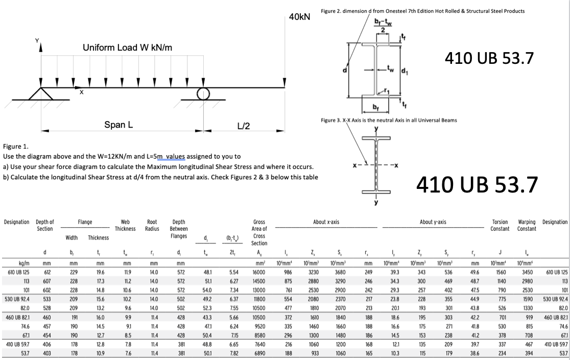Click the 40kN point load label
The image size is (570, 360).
pyautogui.click(x=299, y=17)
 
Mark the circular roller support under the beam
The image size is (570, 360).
pyautogui.click(x=204, y=92)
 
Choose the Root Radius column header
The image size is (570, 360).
pyautogui.click(x=152, y=225)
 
